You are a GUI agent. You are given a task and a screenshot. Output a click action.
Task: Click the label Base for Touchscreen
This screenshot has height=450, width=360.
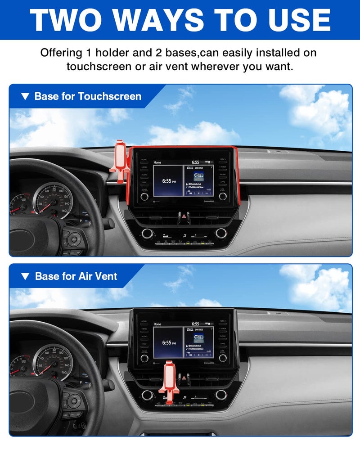tap(88, 96)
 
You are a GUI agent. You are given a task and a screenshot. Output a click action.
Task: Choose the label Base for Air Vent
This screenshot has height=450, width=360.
tap(76, 276)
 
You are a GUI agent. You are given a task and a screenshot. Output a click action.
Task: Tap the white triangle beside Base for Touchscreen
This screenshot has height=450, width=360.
tap(26, 96)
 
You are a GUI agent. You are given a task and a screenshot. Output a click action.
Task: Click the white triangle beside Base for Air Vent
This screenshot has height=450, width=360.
tap(26, 276)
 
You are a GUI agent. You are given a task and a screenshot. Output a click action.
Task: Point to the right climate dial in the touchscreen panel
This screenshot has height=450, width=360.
tap(221, 233)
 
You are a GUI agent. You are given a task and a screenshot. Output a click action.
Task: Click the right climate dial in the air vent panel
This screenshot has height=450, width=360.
tap(221, 395)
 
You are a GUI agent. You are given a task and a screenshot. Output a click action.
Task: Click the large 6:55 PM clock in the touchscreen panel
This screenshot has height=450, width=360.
tap(167, 181)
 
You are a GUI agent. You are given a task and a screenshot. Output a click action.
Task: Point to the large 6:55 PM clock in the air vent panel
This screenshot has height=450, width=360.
tap(167, 343)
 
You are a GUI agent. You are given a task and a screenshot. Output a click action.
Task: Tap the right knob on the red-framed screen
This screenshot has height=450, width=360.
tap(223, 196)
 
